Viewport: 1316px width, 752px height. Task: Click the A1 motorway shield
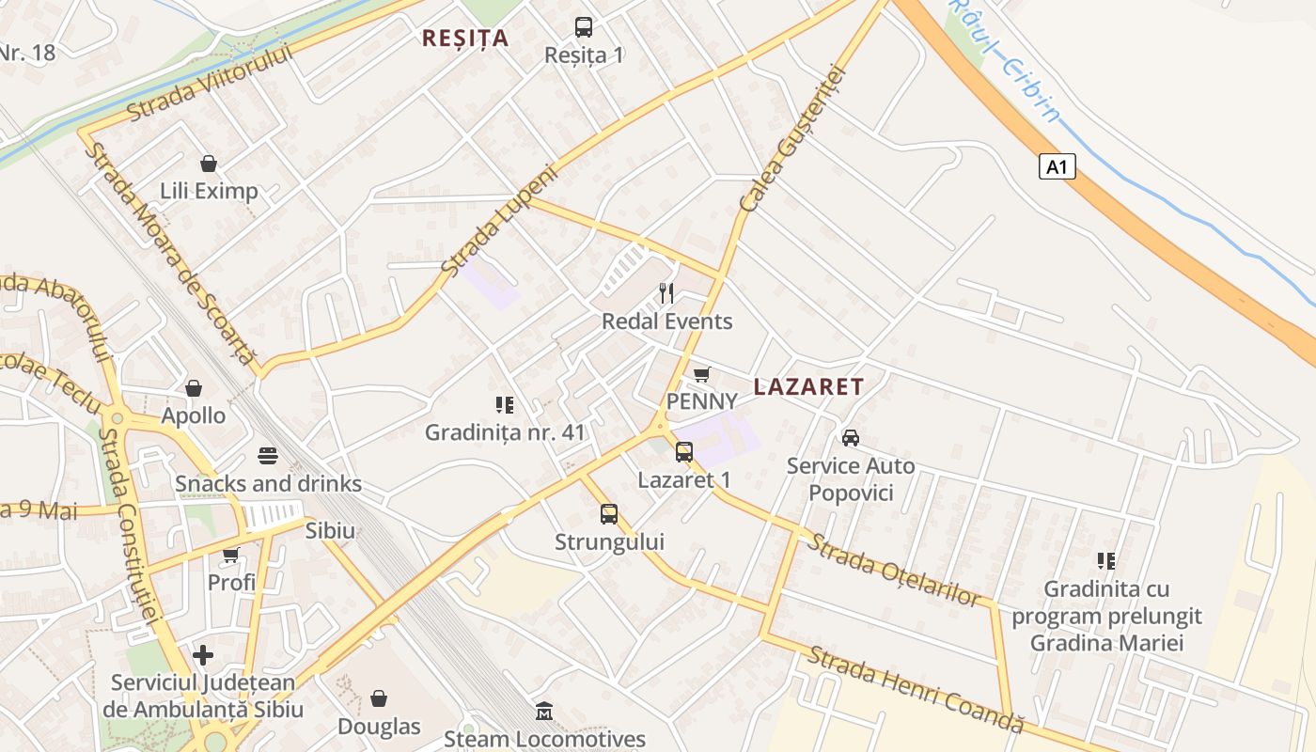pyautogui.click(x=1057, y=167)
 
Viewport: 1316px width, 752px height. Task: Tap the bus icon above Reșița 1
pyautogui.click(x=584, y=27)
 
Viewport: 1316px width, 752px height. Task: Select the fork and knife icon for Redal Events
pyautogui.click(x=666, y=292)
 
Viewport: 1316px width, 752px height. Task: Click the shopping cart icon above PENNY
pyautogui.click(x=701, y=374)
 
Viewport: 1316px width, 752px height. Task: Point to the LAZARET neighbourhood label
pyautogui.click(x=808, y=386)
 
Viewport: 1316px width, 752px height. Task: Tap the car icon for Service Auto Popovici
pyautogui.click(x=851, y=437)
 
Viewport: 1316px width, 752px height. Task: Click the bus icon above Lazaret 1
pyautogui.click(x=684, y=452)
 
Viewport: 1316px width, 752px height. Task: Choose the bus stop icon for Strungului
pyautogui.click(x=609, y=514)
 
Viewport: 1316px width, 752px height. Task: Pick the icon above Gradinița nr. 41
pyautogui.click(x=505, y=405)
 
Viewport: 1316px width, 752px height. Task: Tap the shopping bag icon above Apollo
pyautogui.click(x=194, y=388)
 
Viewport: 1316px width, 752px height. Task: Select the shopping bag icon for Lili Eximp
pyautogui.click(x=209, y=164)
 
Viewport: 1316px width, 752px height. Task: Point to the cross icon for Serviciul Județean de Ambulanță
pyautogui.click(x=203, y=654)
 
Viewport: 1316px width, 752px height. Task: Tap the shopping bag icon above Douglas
pyautogui.click(x=379, y=698)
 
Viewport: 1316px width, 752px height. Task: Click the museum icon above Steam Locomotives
pyautogui.click(x=544, y=712)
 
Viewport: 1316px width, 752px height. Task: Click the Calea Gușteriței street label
pyautogui.click(x=794, y=139)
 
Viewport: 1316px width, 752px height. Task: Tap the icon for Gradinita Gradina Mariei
pyautogui.click(x=1106, y=561)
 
